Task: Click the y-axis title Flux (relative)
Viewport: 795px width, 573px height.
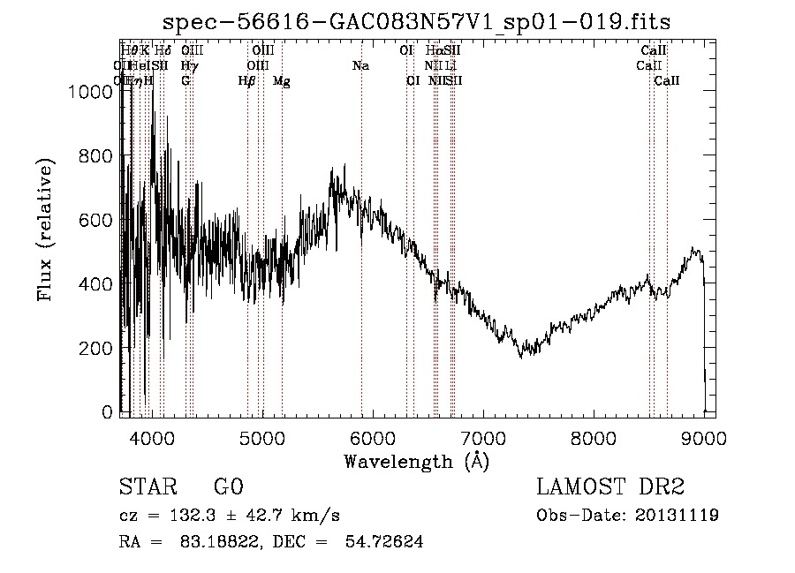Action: [x=44, y=231]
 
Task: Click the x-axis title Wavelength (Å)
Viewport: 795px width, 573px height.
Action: [x=416, y=461]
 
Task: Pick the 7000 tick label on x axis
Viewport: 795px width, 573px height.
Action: [x=483, y=436]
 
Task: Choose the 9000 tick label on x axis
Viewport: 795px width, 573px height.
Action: [x=704, y=436]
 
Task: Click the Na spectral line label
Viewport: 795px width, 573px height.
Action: [x=360, y=65]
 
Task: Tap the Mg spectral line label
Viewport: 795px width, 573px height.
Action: [x=281, y=81]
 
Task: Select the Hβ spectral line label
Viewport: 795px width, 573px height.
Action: [x=246, y=81]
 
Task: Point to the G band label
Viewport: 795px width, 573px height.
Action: [x=185, y=81]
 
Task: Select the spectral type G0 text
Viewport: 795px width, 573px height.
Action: [x=228, y=487]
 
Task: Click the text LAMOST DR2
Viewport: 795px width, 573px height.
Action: [x=610, y=487]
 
